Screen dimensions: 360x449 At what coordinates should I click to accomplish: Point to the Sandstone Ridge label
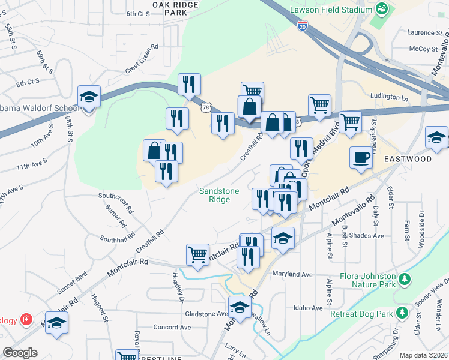click(219, 195)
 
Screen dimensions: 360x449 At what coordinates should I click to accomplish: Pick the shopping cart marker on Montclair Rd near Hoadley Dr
click(197, 254)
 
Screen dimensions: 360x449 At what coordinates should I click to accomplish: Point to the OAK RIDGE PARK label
click(175, 8)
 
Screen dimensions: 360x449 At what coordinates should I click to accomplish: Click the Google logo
click(20, 353)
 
